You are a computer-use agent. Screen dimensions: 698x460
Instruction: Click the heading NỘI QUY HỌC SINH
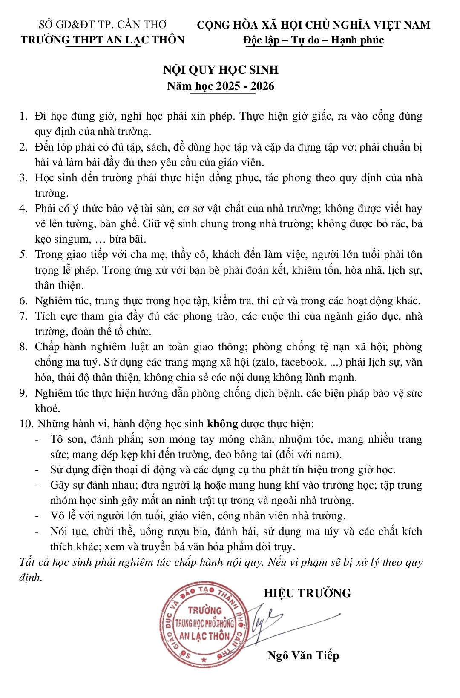pos(221,69)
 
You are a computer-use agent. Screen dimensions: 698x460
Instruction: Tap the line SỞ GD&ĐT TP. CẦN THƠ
pos(103,25)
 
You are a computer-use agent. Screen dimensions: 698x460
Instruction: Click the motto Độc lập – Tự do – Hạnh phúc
pos(313,40)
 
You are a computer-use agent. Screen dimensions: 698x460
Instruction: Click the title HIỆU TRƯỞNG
pos(307,593)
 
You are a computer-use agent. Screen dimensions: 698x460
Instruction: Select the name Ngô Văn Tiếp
pos(303,655)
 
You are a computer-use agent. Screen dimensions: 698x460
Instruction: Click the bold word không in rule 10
pos(222,424)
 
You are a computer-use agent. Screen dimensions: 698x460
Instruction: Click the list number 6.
pos(23,301)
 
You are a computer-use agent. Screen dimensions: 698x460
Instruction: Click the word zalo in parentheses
pos(265,362)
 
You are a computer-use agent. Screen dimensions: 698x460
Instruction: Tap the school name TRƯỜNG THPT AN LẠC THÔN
pos(103,40)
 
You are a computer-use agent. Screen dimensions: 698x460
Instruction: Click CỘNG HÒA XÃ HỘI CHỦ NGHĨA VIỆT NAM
pos(313,25)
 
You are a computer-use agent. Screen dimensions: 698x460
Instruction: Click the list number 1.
pos(23,116)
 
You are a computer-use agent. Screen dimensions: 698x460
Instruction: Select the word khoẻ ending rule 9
pos(47,409)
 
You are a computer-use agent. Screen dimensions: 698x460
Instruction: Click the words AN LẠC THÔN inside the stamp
pos(204,636)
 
